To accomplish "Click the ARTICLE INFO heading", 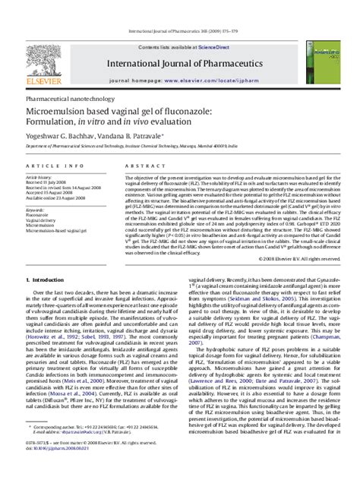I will [x=46, y=166].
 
